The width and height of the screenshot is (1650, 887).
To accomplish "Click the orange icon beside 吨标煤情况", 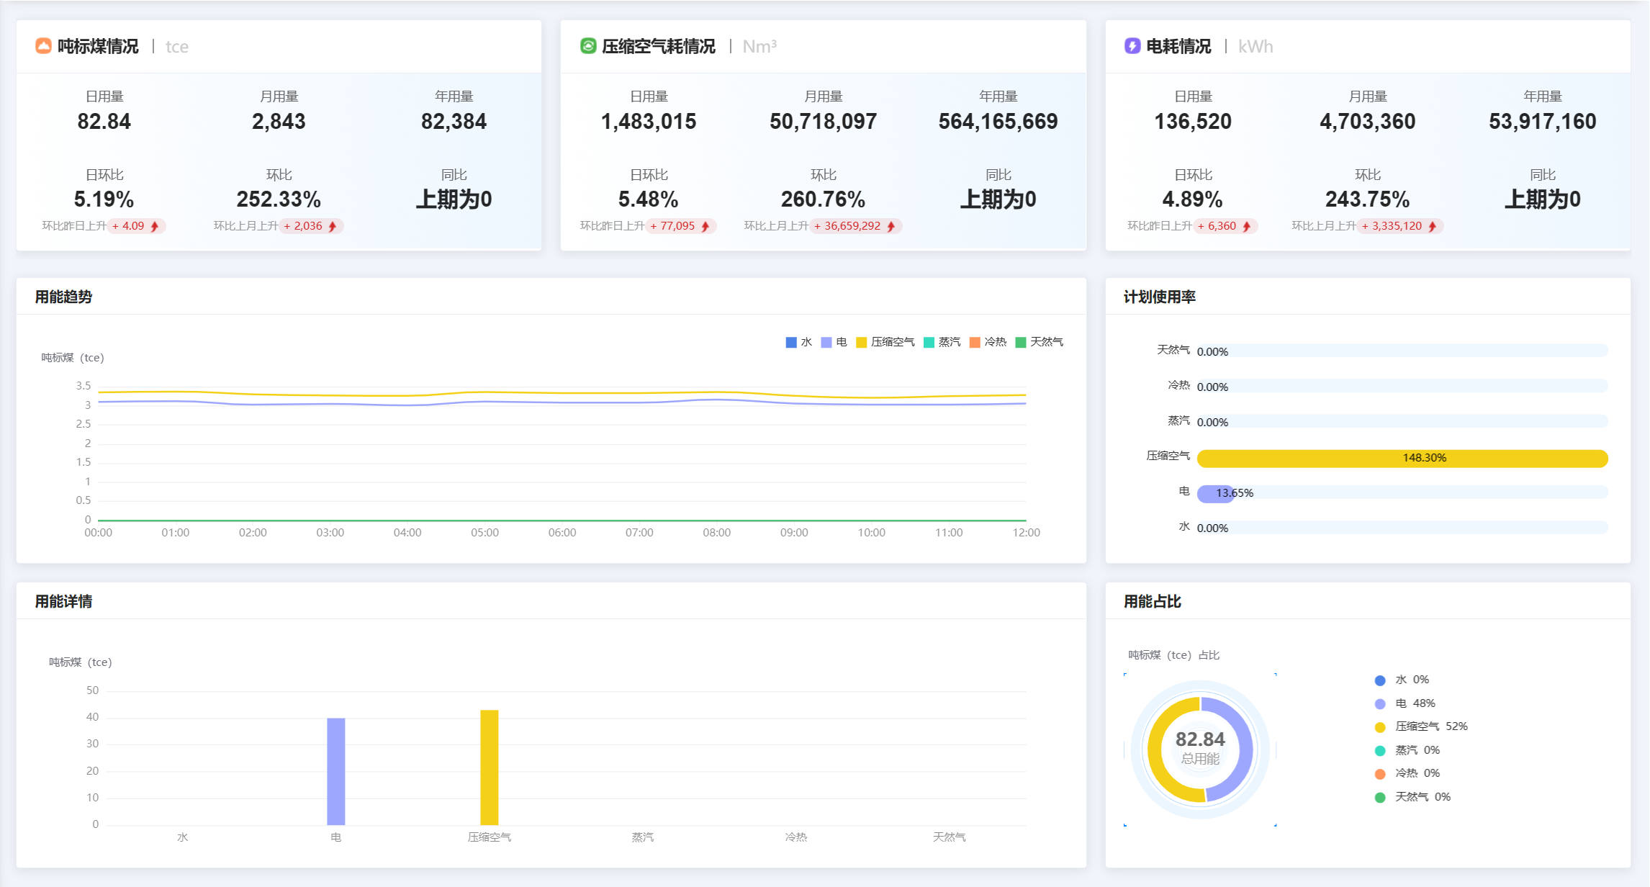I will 43,46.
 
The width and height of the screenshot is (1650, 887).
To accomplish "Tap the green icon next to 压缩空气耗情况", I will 588,46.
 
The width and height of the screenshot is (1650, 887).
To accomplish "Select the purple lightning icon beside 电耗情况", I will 1132,46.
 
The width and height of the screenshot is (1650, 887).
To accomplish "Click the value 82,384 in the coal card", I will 454,122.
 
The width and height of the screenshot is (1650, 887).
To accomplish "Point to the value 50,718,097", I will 823,122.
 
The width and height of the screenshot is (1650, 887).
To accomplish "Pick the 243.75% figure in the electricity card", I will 1367,199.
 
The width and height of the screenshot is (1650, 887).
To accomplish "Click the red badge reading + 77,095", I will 680,226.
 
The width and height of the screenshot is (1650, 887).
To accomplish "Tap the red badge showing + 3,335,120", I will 1399,226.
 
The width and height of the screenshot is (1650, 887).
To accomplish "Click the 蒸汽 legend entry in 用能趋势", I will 942,342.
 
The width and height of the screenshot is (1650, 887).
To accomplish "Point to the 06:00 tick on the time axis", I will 562,533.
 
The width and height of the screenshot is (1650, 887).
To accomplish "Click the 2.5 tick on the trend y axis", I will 84,424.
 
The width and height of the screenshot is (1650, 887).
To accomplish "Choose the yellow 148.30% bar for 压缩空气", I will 1402,459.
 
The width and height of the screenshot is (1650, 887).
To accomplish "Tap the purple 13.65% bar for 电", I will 1215,494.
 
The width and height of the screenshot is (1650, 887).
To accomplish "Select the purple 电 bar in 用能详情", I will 336,771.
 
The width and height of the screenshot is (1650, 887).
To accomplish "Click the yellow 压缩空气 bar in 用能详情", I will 490,767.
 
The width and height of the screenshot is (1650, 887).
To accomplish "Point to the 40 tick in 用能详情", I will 92,717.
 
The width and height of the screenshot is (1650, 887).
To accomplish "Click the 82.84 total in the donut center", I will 1200,739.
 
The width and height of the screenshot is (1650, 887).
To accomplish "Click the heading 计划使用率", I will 1159,297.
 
